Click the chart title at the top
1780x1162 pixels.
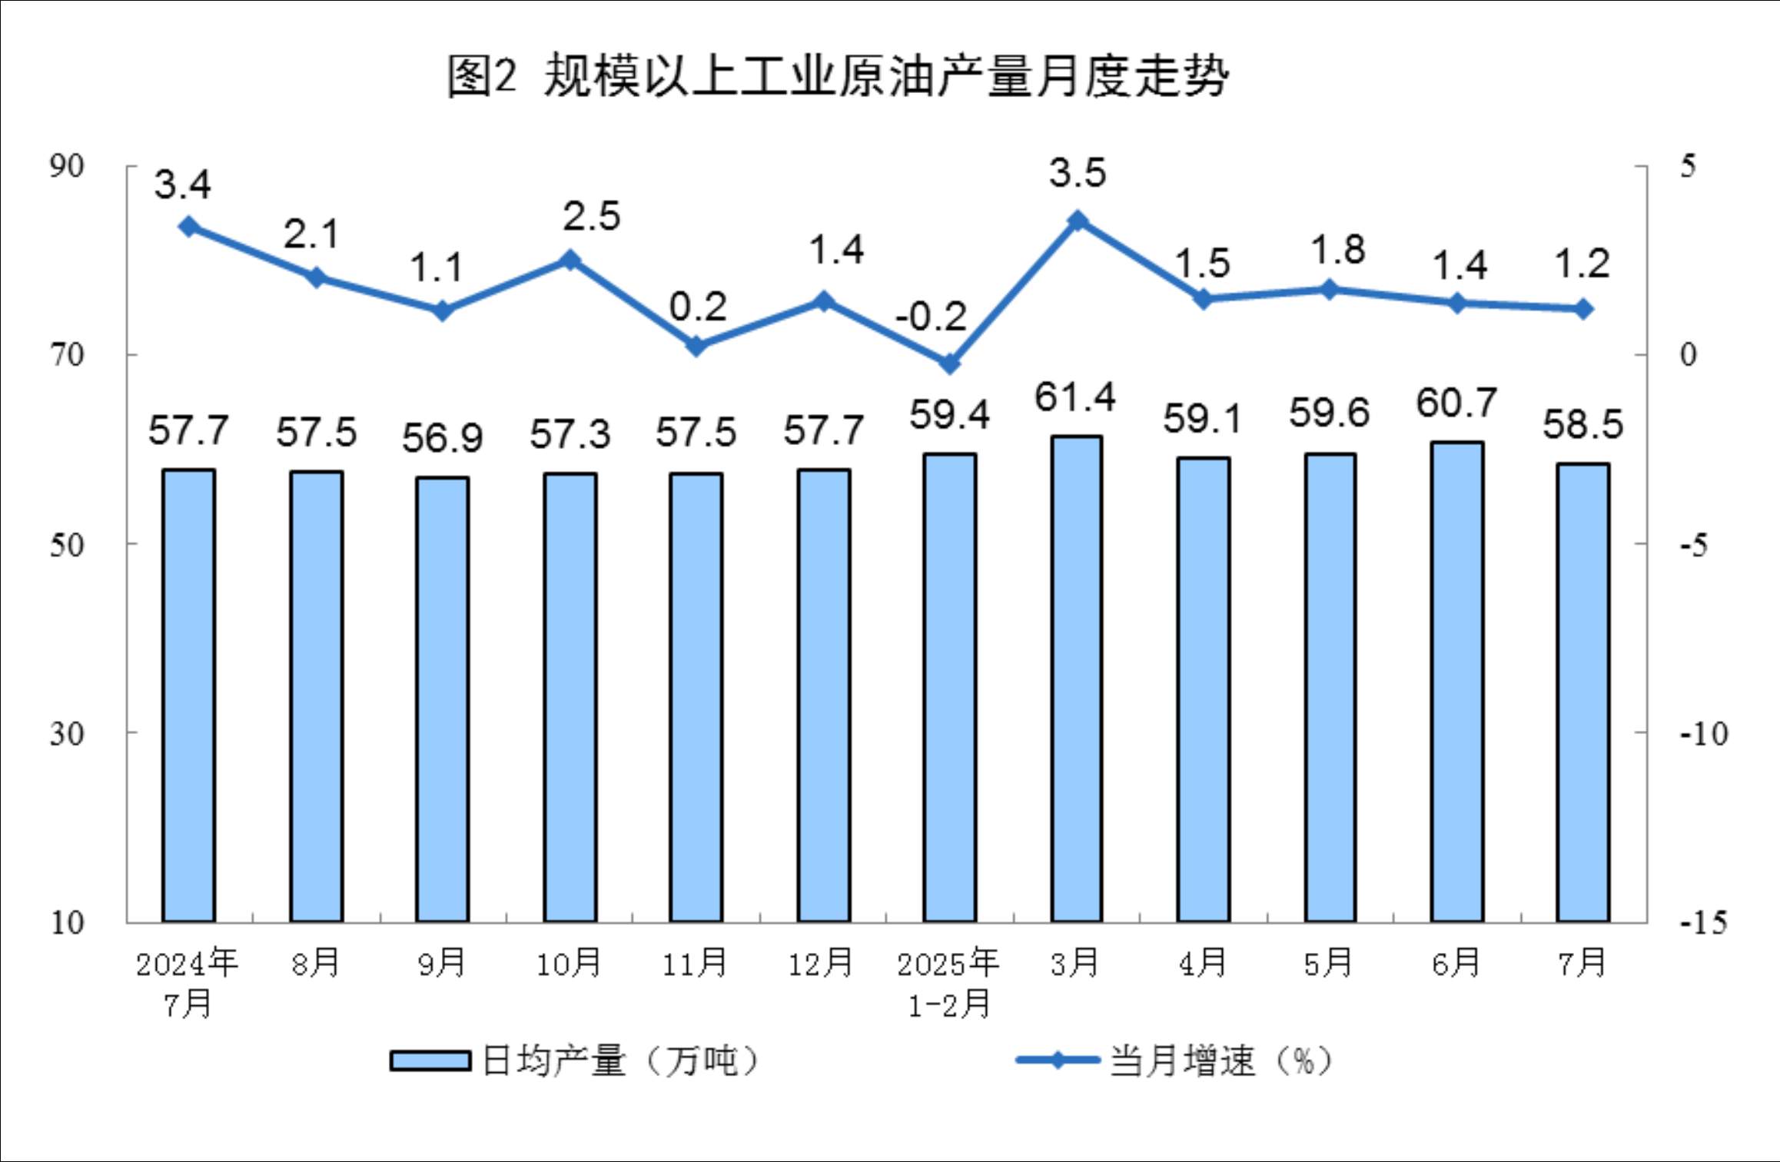pos(838,76)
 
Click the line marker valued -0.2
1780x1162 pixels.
pos(950,363)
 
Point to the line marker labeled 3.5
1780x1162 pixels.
pos(1078,221)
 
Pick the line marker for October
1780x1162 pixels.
pos(570,260)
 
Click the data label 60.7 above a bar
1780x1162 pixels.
pos(1456,403)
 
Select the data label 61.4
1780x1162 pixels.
pos(1074,397)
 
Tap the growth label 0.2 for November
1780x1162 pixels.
pos(697,307)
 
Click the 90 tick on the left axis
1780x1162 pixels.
pos(66,166)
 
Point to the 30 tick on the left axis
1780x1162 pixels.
pos(66,733)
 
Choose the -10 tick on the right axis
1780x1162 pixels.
pos(1703,734)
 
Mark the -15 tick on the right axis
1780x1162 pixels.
pos(1703,922)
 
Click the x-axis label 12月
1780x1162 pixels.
pos(821,963)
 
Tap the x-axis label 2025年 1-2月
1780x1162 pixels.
pos(948,983)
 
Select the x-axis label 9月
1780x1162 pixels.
pos(442,963)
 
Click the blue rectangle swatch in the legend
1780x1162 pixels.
pos(430,1061)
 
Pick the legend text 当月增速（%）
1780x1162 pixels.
pos(1220,1061)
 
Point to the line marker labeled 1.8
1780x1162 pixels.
pos(1330,290)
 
